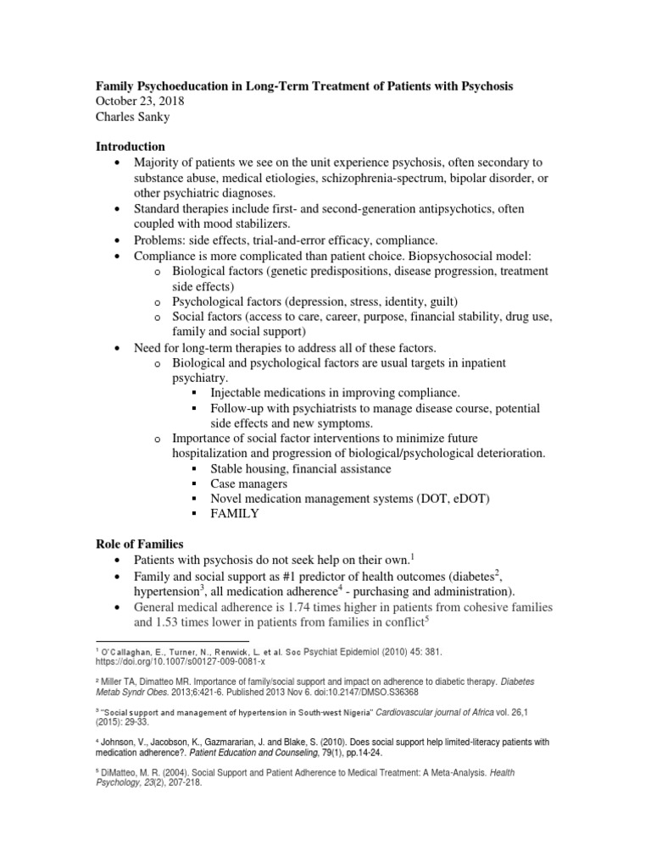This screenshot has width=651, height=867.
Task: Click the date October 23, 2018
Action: pos(138,102)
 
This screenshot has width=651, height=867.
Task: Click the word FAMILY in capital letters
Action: pos(234,514)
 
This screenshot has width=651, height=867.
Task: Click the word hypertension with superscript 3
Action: pos(174,591)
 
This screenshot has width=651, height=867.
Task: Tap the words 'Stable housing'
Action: pos(251,468)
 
